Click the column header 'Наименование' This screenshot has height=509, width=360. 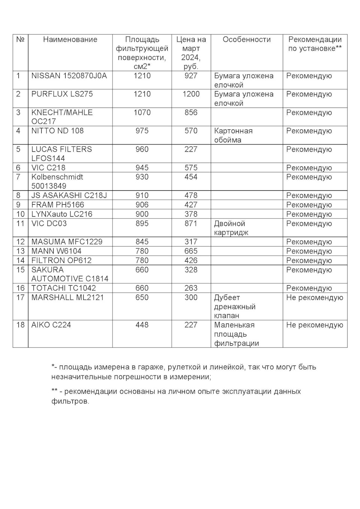pyautogui.click(x=70, y=39)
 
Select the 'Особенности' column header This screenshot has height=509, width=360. pyautogui.click(x=246, y=39)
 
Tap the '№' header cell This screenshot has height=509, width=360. pyautogui.click(x=20, y=39)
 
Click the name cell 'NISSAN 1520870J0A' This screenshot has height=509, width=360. pyautogui.click(x=69, y=76)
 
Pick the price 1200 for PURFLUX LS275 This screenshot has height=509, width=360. pyautogui.click(x=191, y=94)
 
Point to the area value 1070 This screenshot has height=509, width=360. pyautogui.click(x=142, y=112)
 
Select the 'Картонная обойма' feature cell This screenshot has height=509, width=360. pyautogui.click(x=233, y=135)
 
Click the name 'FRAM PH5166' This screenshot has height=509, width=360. pyautogui.click(x=58, y=205)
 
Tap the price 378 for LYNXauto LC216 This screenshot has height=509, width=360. pyautogui.click(x=191, y=214)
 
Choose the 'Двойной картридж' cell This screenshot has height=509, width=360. pyautogui.click(x=231, y=228)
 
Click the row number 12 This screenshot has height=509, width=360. pyautogui.click(x=20, y=242)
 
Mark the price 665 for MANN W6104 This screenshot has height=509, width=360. pyautogui.click(x=191, y=251)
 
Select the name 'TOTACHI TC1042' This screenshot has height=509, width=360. pyautogui.click(x=64, y=288)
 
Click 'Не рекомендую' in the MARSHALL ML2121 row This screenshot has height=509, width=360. pyautogui.click(x=314, y=298)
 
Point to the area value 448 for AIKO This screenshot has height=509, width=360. pyautogui.click(x=142, y=325)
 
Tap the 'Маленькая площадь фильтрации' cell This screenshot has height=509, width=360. pyautogui.click(x=236, y=334)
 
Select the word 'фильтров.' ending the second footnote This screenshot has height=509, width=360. pyautogui.click(x=70, y=401)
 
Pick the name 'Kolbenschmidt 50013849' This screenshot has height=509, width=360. pyautogui.click(x=57, y=181)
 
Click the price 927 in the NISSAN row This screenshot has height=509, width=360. pyautogui.click(x=191, y=76)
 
